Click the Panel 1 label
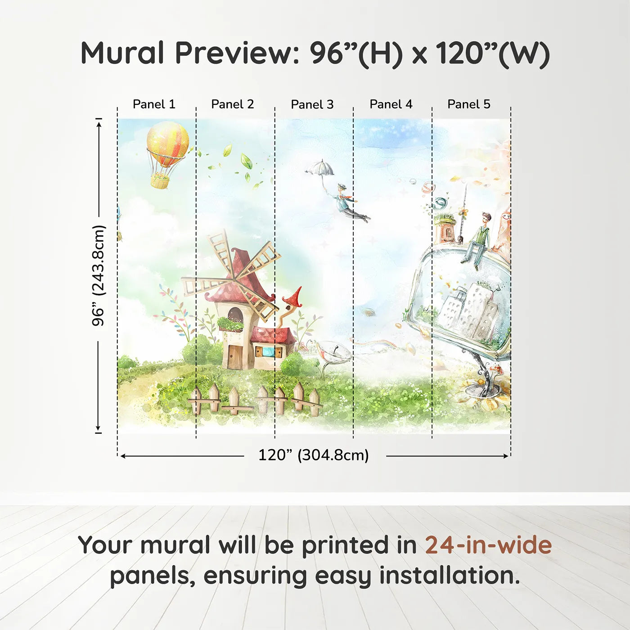[154, 104]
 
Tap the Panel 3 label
[312, 104]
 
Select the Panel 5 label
[469, 104]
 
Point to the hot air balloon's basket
[160, 181]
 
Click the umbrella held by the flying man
[320, 168]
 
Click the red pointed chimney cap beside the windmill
[293, 297]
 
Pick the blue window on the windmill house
[269, 351]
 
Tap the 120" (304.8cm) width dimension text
[314, 455]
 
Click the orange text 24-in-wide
[488, 545]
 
